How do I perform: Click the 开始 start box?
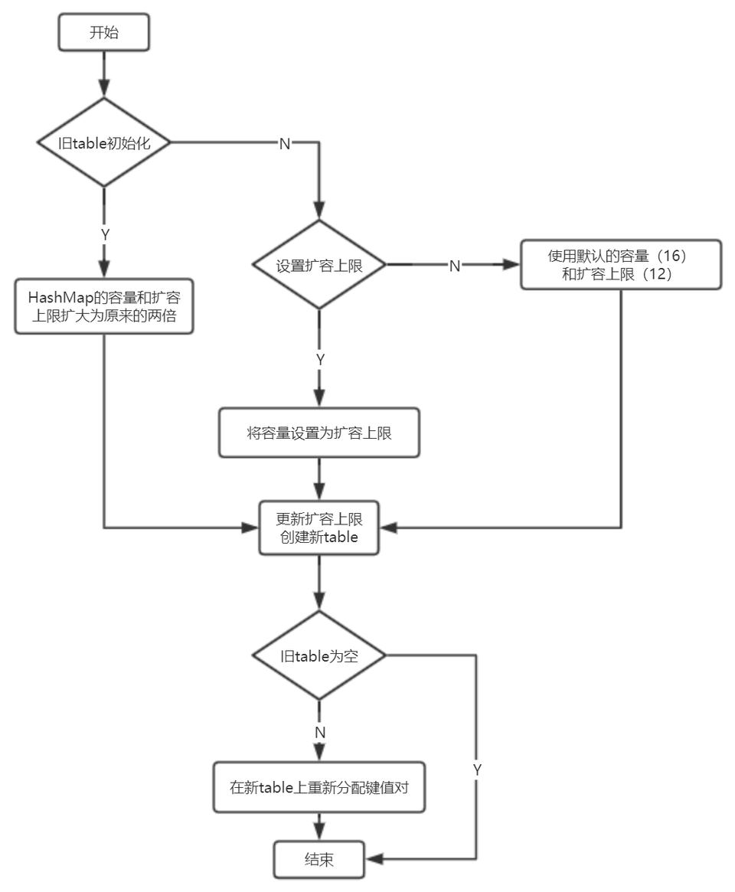point(104,34)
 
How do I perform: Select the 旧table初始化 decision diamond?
point(104,142)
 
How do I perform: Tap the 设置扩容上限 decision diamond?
point(319,266)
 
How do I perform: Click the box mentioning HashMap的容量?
point(104,306)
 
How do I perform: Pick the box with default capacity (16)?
point(620,265)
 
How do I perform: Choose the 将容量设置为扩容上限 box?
point(319,433)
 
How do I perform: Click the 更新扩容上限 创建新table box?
point(319,527)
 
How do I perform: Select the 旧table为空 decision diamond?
point(319,655)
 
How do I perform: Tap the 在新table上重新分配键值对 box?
point(319,787)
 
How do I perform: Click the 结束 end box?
point(319,860)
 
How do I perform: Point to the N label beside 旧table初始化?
point(284,144)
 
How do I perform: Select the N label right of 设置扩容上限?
point(454,266)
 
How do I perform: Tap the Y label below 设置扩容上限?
point(320,359)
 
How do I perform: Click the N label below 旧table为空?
point(320,733)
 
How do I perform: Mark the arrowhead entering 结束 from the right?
point(373,860)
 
